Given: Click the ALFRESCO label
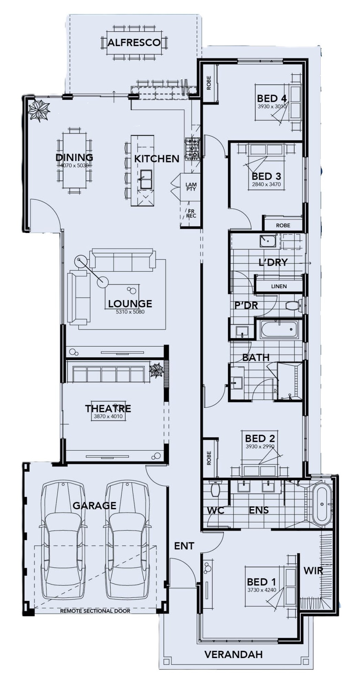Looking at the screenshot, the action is coord(134,42).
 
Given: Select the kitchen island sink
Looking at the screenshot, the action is coord(146,179).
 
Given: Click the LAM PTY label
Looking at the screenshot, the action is coord(191,187).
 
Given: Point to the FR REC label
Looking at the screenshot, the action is coord(191,213).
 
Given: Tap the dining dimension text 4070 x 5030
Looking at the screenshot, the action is coord(74,166).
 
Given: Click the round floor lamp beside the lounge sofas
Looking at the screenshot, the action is coord(103,282).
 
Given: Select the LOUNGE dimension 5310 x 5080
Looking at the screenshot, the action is coord(130,312).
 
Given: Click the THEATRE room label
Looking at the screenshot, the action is coord(108,409).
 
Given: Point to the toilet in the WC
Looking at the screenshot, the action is coord(215,489).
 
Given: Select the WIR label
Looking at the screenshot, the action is coord(313,571).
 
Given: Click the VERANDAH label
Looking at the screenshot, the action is coord(233,654).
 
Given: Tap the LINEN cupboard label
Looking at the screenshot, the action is coord(279,286).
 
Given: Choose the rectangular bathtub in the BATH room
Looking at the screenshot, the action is coord(279,329).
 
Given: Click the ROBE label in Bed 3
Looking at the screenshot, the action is coord(283,225).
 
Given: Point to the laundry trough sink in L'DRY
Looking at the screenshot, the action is coord(267,241).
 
